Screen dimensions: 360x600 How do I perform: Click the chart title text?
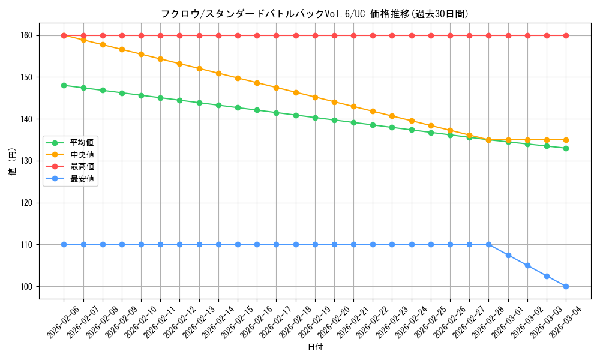314,14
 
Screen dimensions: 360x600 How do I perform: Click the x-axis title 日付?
315,347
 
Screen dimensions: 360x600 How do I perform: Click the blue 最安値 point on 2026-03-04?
566,286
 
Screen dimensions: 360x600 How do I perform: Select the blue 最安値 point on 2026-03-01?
508,255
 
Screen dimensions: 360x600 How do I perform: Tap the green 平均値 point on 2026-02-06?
64,85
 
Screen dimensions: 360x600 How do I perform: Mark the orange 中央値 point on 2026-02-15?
238,78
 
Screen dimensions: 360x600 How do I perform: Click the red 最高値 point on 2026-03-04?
566,35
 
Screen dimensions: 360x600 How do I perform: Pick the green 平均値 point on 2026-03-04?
566,148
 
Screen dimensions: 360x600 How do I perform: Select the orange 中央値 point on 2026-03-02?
527,140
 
